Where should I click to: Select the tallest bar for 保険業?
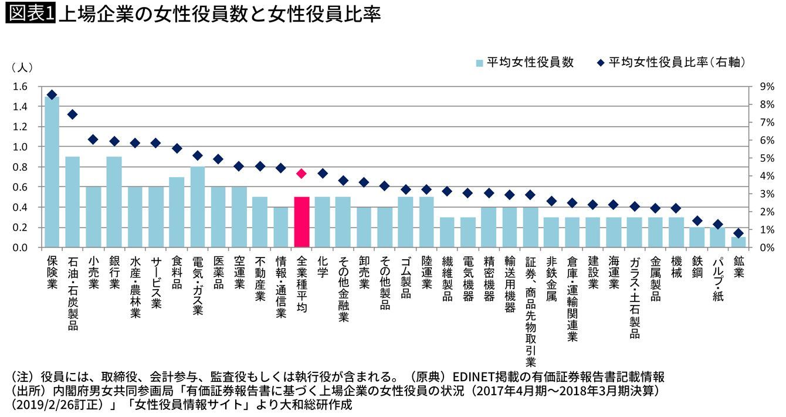52,172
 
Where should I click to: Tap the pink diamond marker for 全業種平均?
301,173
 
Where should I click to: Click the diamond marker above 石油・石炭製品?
73,114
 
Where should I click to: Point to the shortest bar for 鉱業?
738,242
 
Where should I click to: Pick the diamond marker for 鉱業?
738,233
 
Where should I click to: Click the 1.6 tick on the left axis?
20,87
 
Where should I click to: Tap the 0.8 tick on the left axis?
20,167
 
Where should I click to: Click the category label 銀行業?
114,272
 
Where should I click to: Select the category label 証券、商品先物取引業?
530,311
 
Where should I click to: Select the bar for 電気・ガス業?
198,207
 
